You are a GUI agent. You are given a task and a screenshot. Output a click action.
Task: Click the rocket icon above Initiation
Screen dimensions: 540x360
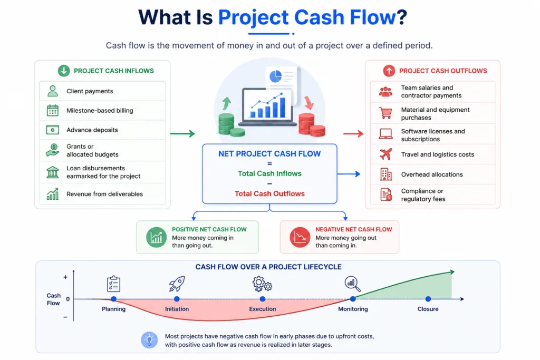177,284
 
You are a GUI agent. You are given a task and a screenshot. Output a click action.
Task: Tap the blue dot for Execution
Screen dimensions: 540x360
263,299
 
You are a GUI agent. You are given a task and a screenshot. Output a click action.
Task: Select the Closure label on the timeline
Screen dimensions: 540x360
428,309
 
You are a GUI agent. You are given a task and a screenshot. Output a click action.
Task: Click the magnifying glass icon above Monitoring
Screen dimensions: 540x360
352,284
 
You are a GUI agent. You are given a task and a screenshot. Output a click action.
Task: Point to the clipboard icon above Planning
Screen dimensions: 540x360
114,284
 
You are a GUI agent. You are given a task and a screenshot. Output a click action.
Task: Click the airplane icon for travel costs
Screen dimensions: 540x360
385,154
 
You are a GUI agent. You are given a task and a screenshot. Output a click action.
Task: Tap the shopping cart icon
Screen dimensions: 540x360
385,113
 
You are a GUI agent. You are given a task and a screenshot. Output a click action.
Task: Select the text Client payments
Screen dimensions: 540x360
90,91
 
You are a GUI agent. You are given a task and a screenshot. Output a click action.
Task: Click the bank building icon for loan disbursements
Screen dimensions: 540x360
52,172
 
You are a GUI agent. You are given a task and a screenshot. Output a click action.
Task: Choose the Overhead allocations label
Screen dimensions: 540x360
432,174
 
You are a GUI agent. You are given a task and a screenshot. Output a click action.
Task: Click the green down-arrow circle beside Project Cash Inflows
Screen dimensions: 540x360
64,71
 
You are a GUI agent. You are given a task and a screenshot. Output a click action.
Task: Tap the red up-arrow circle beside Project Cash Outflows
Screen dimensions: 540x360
389,71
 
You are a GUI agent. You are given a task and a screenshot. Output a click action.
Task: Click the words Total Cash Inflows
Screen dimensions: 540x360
269,173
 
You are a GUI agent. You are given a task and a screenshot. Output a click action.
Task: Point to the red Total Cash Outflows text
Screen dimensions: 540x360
269,194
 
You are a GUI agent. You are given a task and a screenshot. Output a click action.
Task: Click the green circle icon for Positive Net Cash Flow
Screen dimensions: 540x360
156,237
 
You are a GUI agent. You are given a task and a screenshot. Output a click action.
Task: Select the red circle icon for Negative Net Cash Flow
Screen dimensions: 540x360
300,237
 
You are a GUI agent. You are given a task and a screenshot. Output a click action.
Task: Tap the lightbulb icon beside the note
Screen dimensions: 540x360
149,340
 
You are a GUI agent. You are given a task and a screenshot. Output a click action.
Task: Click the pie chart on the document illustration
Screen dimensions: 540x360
275,76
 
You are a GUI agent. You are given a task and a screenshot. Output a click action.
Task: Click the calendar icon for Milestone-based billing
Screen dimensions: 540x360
52,111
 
